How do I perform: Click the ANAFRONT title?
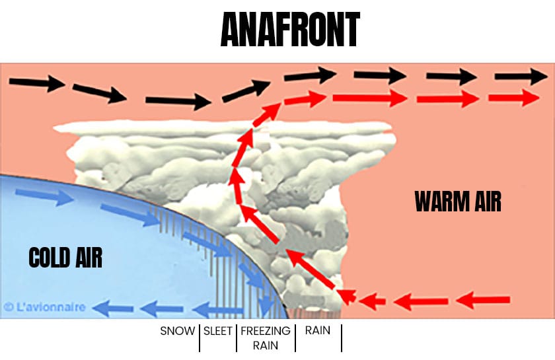click(x=289, y=30)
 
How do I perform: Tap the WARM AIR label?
click(x=458, y=201)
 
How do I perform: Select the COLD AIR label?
click(x=65, y=256)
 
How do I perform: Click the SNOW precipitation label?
click(x=178, y=330)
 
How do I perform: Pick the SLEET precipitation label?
click(x=218, y=330)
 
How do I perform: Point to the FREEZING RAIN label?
click(x=264, y=338)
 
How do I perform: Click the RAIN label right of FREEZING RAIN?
click(x=317, y=330)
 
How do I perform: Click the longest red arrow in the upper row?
click(x=369, y=99)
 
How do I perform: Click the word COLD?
click(x=48, y=256)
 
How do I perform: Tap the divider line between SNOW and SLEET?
click(x=199, y=337)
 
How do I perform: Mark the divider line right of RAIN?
click(x=342, y=337)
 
